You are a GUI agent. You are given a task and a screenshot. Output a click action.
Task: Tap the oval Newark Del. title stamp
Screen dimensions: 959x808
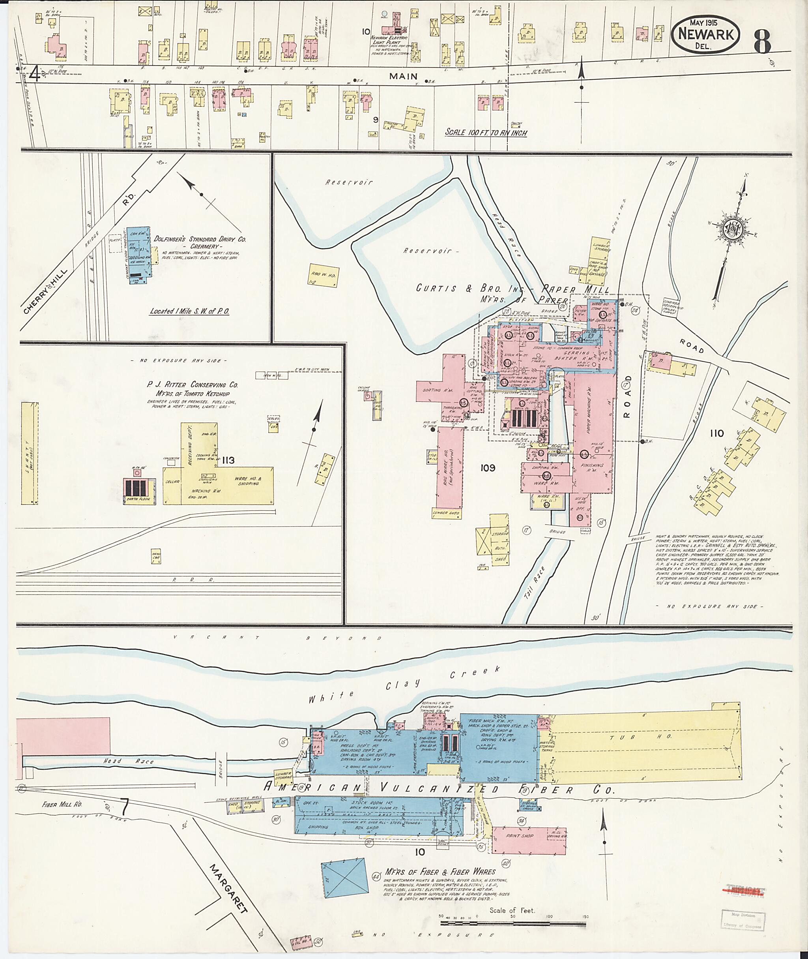(705, 34)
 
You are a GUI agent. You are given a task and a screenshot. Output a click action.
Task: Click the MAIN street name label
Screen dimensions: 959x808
(403, 76)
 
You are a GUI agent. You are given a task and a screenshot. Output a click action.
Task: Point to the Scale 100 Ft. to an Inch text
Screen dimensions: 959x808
(486, 133)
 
